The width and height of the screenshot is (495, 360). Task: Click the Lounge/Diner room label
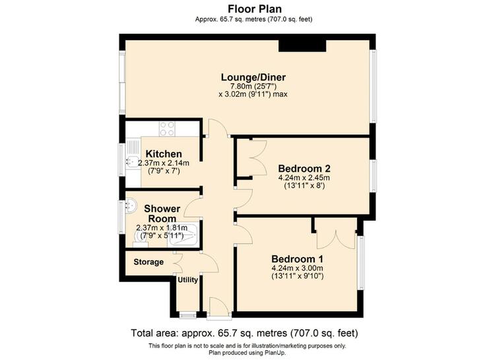pos(253,77)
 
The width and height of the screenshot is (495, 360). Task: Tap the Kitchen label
pos(164,154)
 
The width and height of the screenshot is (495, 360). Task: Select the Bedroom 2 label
pos(304,168)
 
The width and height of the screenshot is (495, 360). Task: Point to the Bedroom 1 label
pos(297,259)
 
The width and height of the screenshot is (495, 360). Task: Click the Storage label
pos(148,262)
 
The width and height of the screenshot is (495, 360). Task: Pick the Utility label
pos(188,280)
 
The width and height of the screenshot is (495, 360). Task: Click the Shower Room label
pos(162,213)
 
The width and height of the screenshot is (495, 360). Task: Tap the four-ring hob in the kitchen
pos(167,129)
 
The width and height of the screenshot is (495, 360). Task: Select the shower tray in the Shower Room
pos(183,235)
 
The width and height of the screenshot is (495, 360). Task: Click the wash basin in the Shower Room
pos(131,205)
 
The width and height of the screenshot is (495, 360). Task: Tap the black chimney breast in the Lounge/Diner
pos(302,46)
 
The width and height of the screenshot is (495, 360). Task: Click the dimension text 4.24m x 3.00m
pos(297,268)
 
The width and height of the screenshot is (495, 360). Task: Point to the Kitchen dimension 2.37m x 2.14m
pos(164,163)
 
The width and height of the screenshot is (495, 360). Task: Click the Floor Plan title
pos(255,9)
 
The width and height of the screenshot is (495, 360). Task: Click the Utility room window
pos(187,315)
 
